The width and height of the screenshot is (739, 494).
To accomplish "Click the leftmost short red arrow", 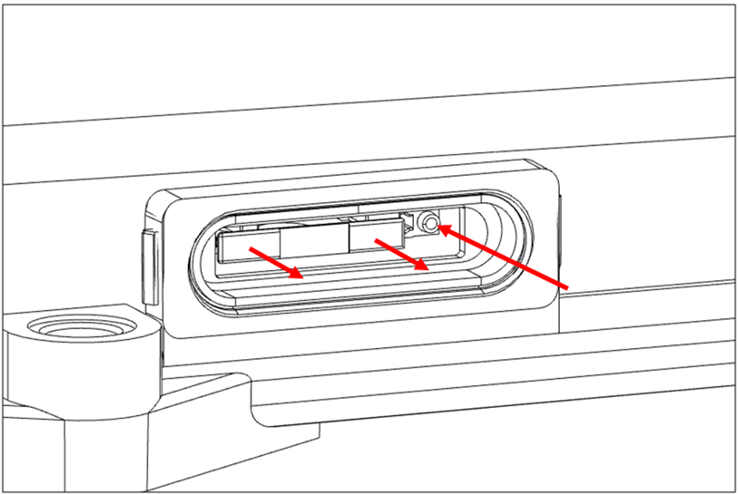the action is [x=276, y=264].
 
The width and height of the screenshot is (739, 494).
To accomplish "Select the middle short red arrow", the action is [x=403, y=254].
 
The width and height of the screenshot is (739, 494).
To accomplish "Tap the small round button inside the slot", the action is [x=430, y=224].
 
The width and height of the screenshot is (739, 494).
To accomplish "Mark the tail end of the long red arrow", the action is [x=567, y=285].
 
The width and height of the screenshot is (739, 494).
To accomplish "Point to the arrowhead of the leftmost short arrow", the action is [x=298, y=275].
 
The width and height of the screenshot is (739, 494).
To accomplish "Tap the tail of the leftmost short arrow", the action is [x=252, y=249].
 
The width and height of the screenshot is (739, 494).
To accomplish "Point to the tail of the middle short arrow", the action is [x=377, y=239].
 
